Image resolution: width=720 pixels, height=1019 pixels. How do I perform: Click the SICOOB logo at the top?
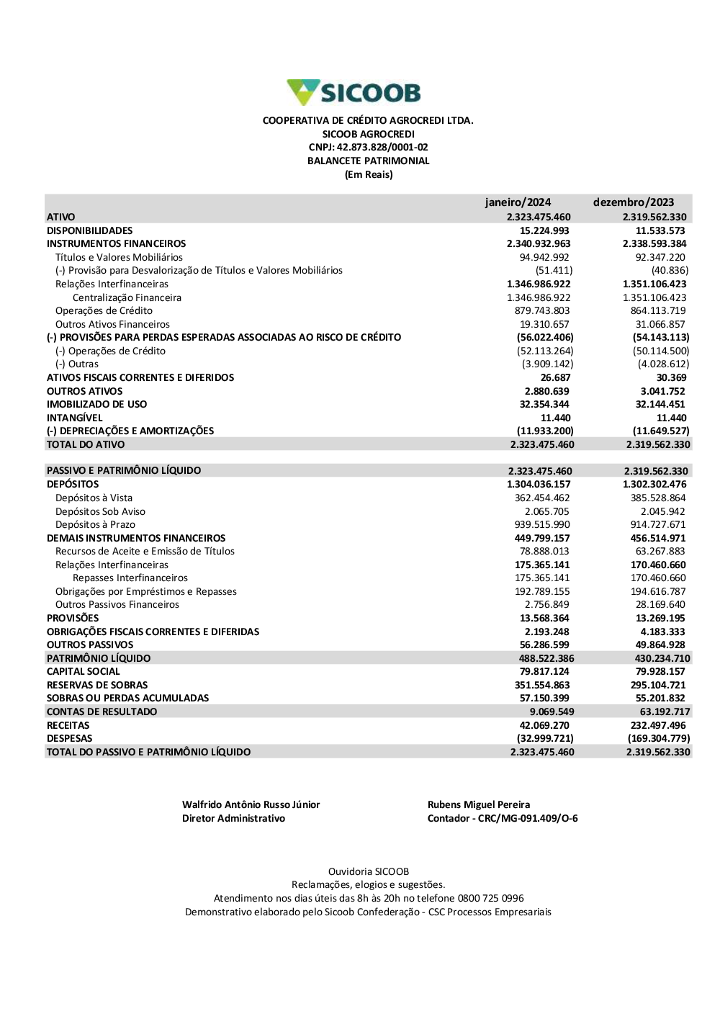(x=354, y=93)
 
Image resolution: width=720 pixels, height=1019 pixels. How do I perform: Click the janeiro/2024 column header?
(x=518, y=202)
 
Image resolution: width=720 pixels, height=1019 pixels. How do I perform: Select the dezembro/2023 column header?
(x=634, y=202)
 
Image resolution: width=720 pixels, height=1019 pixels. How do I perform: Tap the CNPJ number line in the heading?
(x=368, y=148)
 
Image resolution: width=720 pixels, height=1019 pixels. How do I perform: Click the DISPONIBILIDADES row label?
(x=90, y=230)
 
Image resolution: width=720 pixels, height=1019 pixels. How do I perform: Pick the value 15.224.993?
(x=544, y=230)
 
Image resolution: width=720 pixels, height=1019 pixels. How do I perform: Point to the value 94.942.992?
(x=544, y=257)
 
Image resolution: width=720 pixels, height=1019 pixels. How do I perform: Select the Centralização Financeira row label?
(x=127, y=297)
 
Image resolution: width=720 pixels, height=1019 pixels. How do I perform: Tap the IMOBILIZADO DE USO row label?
(x=96, y=405)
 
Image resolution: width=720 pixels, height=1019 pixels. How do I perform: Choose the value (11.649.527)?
(x=661, y=431)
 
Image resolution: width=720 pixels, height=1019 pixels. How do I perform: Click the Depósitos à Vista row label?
(x=94, y=498)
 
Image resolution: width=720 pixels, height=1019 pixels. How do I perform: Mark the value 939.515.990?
(x=542, y=525)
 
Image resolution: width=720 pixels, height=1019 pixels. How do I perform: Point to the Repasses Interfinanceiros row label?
(x=130, y=578)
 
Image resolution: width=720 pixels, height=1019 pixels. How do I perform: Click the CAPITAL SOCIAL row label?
(x=84, y=672)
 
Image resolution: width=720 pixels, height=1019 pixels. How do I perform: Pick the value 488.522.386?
(x=546, y=658)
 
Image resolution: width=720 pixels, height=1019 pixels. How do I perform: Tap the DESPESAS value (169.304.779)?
(x=659, y=739)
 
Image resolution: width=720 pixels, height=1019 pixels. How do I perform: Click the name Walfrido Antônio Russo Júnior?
(x=251, y=805)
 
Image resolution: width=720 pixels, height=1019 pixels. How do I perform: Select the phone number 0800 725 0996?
(x=491, y=899)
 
